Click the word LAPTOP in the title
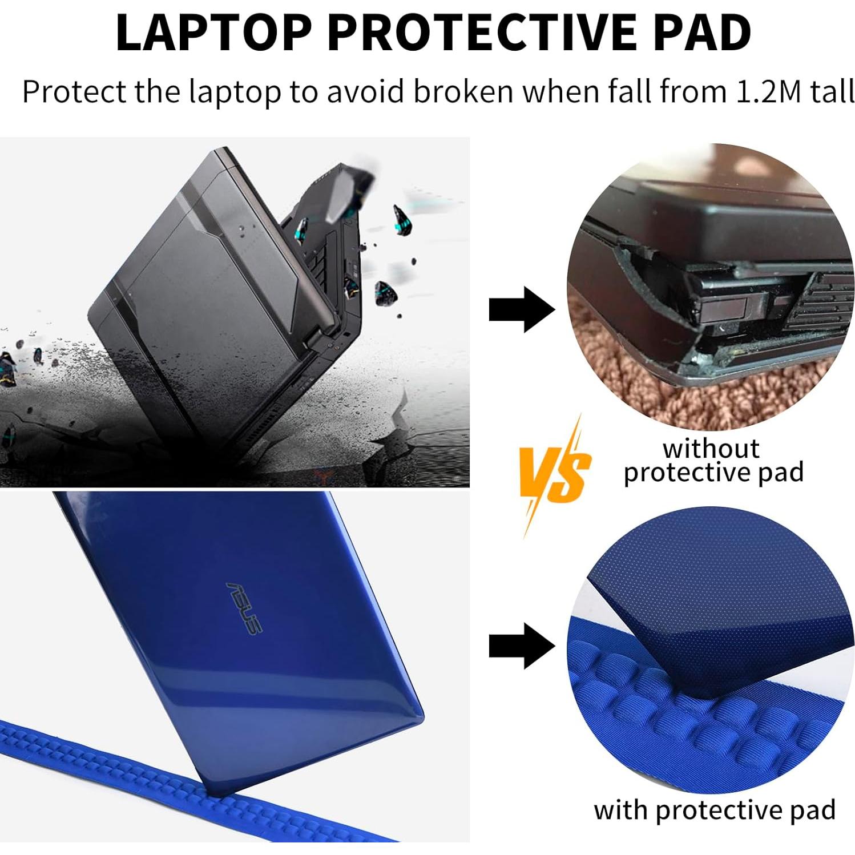(213, 33)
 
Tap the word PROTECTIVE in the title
(482, 33)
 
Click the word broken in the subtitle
(463, 91)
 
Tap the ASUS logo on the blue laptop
(244, 608)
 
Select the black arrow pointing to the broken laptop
(521, 309)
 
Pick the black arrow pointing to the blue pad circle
(521, 646)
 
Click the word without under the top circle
(711, 449)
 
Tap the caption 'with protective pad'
(714, 810)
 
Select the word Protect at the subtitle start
(74, 91)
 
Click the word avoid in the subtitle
(366, 91)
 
